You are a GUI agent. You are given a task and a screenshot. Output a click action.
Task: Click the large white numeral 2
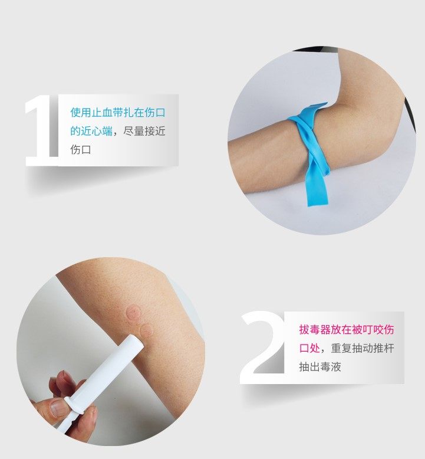point(262,347)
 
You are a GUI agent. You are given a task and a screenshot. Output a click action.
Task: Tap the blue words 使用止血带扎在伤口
point(118,113)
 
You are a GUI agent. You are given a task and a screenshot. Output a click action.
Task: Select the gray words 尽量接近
point(144,131)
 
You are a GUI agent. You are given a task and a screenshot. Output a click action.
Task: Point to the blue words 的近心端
point(91,131)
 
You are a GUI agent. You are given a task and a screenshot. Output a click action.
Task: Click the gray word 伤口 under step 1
point(81,150)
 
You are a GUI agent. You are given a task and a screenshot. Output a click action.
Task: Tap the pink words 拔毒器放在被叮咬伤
point(347,330)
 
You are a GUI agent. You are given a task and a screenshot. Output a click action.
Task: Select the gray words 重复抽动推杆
point(363,348)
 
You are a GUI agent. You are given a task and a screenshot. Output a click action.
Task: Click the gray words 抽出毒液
point(320,367)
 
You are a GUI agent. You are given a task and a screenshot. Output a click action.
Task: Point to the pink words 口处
point(309,348)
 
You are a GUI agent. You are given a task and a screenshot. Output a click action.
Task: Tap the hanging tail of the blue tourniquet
point(316,188)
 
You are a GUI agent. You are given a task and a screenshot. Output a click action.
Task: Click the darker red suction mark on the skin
point(133,312)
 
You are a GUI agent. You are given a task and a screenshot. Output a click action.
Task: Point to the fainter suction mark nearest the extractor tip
point(146,330)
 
